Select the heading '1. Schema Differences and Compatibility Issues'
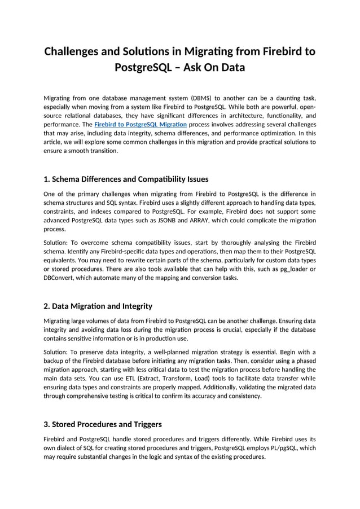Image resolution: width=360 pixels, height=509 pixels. coord(126,179)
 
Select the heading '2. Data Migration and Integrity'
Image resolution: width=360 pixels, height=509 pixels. coord(98,306)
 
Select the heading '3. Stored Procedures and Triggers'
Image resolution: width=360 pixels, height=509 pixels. coord(102,424)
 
